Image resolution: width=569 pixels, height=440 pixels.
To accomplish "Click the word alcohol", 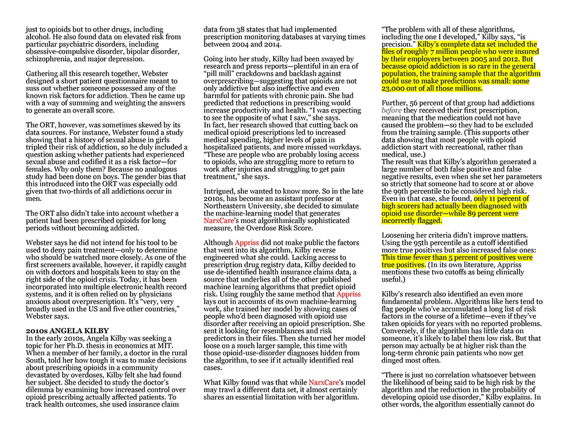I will (x=40, y=37).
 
